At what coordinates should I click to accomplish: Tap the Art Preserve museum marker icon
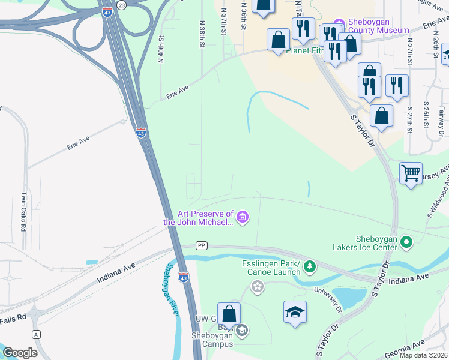click(x=242, y=217)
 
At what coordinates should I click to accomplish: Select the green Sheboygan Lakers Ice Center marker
click(x=407, y=242)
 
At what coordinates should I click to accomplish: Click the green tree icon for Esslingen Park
click(x=309, y=265)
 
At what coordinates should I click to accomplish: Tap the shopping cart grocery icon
click(x=411, y=173)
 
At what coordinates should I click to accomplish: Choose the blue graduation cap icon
click(x=295, y=313)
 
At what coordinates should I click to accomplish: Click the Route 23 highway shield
click(x=122, y=5)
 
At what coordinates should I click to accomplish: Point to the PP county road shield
click(x=202, y=245)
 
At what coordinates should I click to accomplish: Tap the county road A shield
click(x=37, y=334)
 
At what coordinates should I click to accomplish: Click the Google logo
click(x=20, y=353)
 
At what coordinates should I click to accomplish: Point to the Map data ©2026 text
click(x=423, y=355)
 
